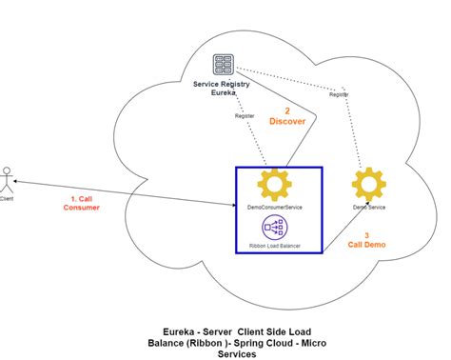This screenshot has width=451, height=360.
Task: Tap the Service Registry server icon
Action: [x=225, y=66]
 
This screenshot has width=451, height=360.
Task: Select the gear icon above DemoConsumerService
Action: [x=278, y=184]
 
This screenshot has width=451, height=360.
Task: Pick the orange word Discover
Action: [x=287, y=121]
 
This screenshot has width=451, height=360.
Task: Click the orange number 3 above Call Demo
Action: [x=368, y=233]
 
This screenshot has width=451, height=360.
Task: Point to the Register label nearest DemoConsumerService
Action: [x=245, y=116]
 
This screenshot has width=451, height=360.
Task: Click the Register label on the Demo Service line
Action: [x=339, y=95]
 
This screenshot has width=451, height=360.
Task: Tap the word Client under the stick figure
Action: [x=9, y=199]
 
